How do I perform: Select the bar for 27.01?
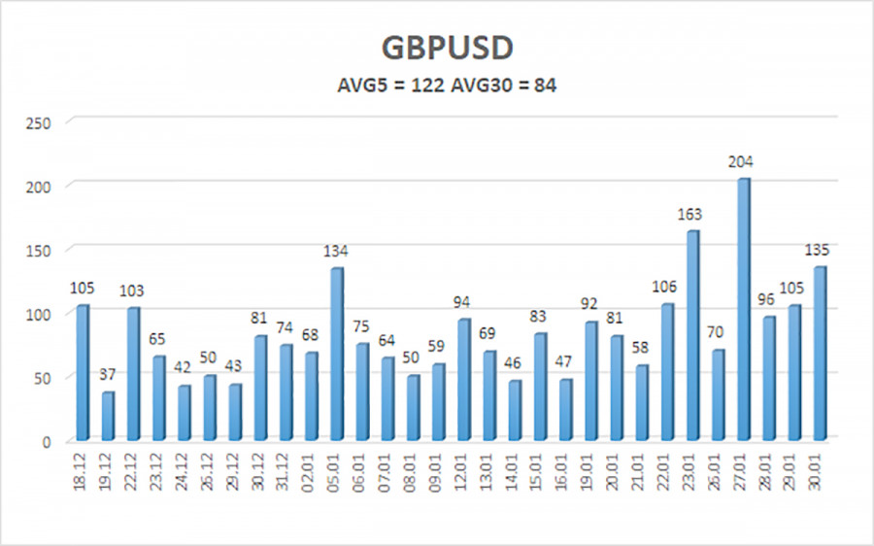(744, 311)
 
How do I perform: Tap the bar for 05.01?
(337, 355)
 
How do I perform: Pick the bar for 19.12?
(108, 417)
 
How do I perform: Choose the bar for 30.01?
(820, 355)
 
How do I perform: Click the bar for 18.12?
(83, 373)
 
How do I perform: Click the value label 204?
(744, 162)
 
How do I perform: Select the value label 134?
(337, 252)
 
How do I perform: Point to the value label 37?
(108, 376)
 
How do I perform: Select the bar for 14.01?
(515, 411)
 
